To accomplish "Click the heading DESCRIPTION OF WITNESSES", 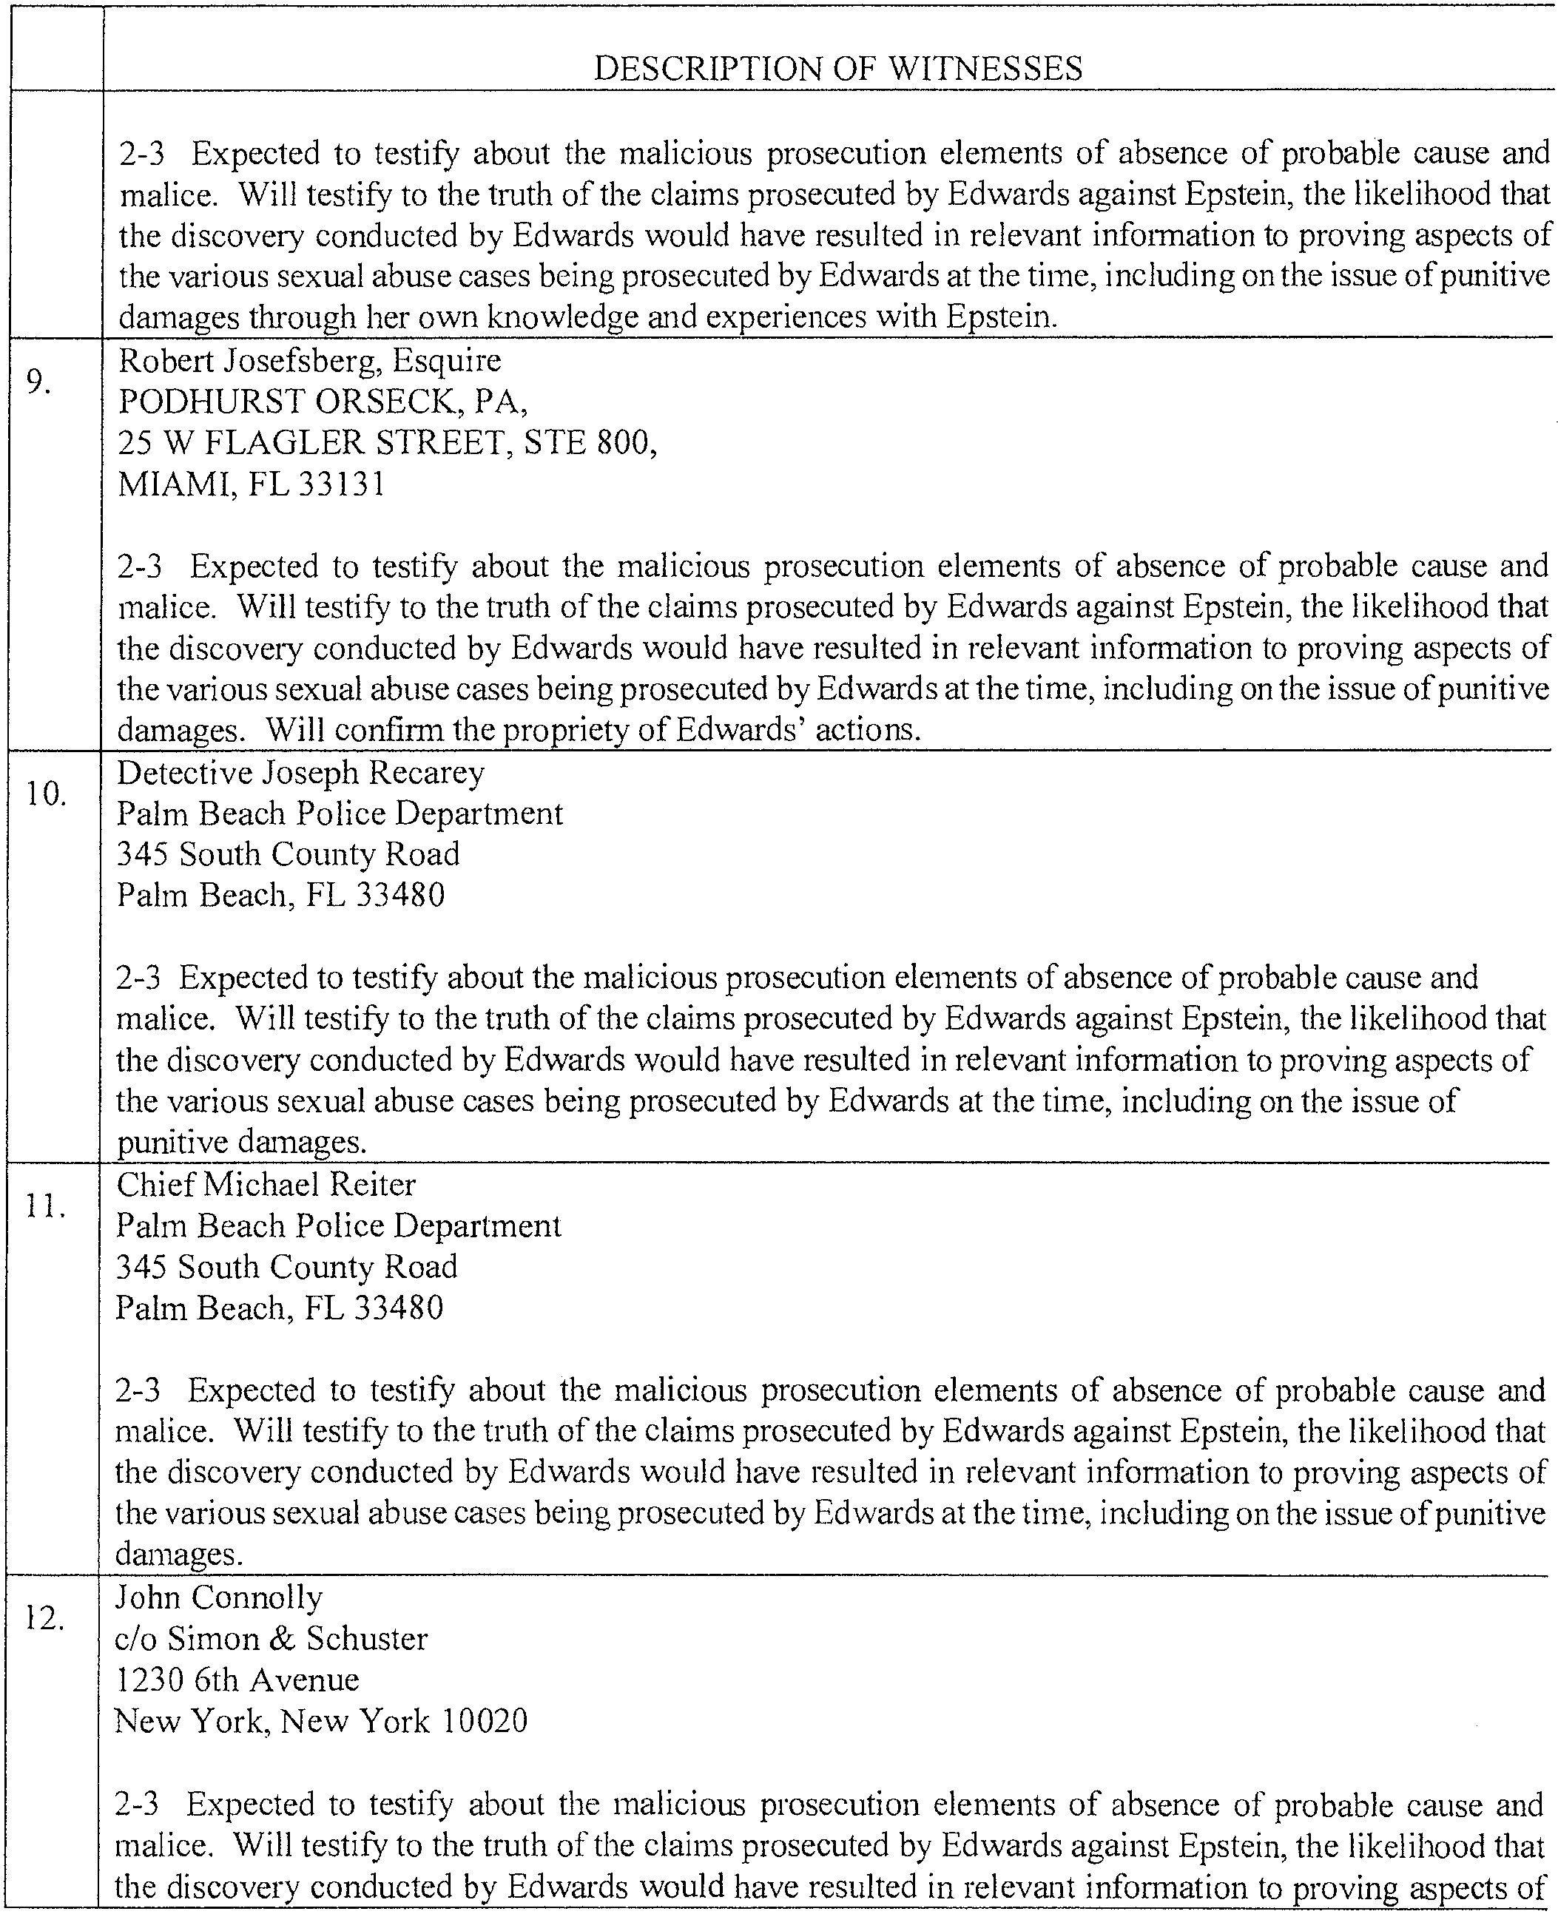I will point(837,69).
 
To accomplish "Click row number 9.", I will point(38,382).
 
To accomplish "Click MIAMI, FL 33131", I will point(252,484).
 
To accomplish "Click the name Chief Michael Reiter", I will point(266,1186).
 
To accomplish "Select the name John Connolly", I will point(218,1598).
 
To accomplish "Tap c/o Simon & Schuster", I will point(271,1640).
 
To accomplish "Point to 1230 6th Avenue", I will point(237,1680).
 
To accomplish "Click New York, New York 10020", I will point(320,1721).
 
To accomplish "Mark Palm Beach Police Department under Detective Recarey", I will point(340,814).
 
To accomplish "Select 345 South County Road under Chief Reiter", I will point(286,1267).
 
